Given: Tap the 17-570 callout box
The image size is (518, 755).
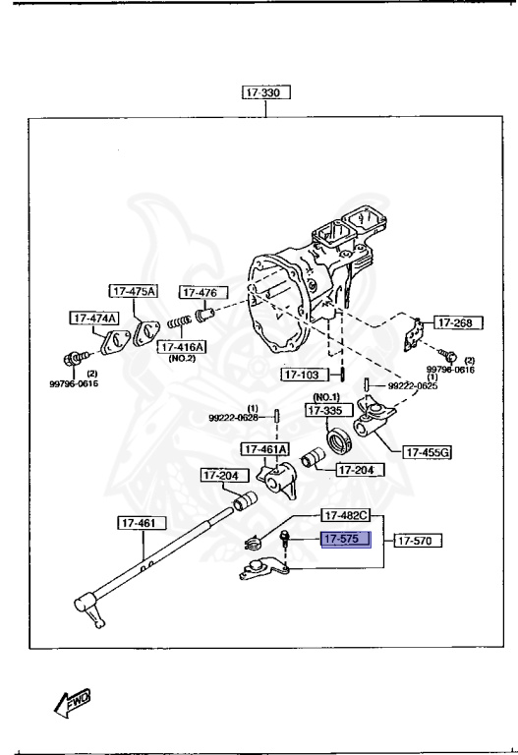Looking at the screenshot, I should coord(418,540).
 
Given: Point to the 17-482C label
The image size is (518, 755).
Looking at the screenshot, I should coord(344,515).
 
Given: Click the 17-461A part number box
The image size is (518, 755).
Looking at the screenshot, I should coord(265,450).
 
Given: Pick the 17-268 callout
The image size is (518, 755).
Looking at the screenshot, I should coord(455,321).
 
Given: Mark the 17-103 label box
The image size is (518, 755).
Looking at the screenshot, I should coord(303,375).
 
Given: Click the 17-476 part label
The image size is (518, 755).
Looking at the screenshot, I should coord(202,292).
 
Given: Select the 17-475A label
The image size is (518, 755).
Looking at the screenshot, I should coord(134,291).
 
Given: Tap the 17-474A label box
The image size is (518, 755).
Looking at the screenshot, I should coord(93,318).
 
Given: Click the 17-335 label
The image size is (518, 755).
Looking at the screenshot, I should coord(327,411).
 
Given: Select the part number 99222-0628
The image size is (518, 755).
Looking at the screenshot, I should coord(233,417).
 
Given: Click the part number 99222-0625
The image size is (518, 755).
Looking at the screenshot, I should coord(413,386).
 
